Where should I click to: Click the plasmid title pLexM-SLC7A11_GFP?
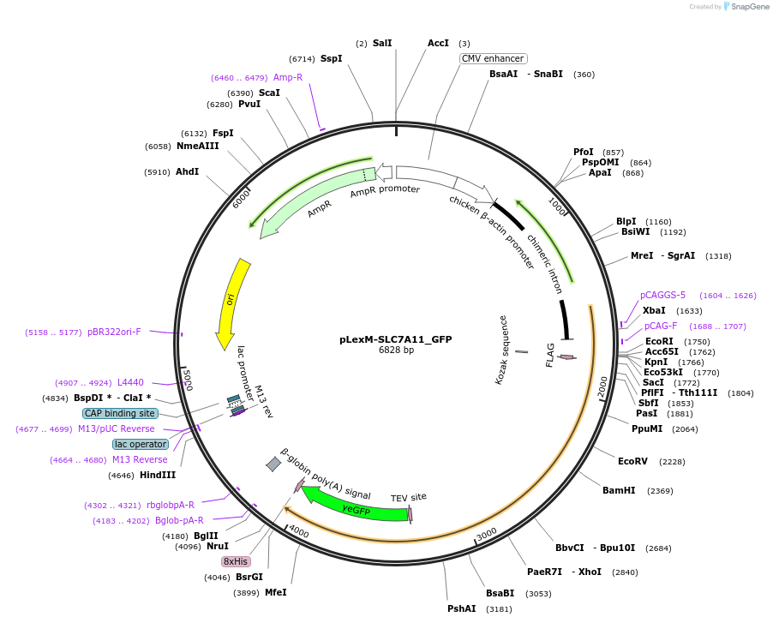pos(395,339)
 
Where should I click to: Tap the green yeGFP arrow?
pos(356,505)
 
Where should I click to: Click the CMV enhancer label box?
pos(493,58)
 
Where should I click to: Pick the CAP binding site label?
pos(120,413)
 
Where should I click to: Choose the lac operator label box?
pos(140,444)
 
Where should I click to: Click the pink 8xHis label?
pos(236,561)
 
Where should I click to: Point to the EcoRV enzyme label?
pos(632,461)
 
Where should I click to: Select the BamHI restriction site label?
pos(619,491)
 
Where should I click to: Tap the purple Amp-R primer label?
pos(288,77)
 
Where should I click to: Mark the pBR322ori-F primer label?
pos(114,332)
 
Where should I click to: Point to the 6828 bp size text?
pos(396,350)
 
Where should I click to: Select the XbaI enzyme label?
pos(654,310)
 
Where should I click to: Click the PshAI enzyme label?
pos(461,608)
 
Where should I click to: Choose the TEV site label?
pos(408,497)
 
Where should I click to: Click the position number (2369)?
pos(660,491)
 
